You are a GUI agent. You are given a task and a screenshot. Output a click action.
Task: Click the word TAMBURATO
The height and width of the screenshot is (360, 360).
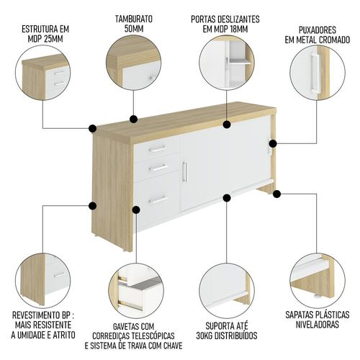point(134,19)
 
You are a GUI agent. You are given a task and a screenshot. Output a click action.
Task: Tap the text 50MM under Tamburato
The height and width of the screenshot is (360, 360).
point(134,29)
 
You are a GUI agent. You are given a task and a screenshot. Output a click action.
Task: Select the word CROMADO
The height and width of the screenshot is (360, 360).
point(334,40)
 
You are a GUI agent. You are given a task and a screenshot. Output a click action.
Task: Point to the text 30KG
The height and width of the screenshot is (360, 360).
point(204,336)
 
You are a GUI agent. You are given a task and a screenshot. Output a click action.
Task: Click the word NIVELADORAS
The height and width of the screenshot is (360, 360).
point(317,325)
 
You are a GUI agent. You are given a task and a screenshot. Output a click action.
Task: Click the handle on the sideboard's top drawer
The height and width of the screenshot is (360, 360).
point(158,149)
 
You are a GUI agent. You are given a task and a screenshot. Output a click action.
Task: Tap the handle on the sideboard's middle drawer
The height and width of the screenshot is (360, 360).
point(158,168)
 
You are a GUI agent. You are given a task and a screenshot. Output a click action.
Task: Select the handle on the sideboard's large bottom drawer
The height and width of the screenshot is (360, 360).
point(158,199)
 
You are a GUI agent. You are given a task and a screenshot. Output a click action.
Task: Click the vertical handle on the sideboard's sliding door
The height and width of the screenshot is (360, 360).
point(185,172)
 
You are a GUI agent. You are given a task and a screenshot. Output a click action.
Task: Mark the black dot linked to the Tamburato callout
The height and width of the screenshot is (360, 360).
point(133,119)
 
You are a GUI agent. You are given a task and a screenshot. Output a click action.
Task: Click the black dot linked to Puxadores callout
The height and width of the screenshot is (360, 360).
point(273,144)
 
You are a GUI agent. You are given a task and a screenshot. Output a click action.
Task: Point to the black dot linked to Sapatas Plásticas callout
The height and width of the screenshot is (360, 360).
point(277,194)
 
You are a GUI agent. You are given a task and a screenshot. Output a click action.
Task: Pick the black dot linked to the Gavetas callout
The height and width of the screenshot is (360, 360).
point(136,210)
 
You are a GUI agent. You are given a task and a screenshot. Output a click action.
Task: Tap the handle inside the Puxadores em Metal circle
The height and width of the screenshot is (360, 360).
point(314,73)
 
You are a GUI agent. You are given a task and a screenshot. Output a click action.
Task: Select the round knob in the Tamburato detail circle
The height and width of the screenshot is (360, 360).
point(150,78)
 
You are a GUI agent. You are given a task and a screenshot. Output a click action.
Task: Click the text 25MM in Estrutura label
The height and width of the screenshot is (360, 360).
point(53,39)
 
